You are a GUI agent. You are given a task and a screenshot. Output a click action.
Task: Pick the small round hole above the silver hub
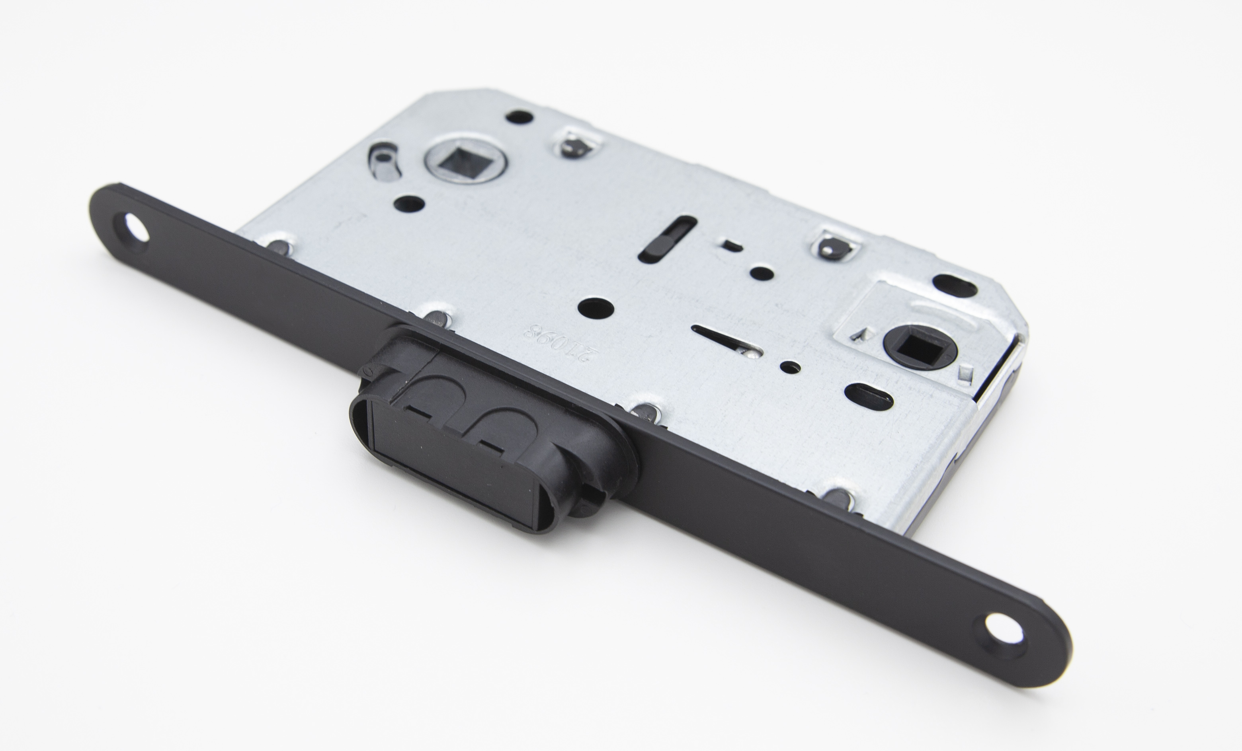tap(519, 117)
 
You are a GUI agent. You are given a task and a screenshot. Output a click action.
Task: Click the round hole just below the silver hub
tap(409, 204)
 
